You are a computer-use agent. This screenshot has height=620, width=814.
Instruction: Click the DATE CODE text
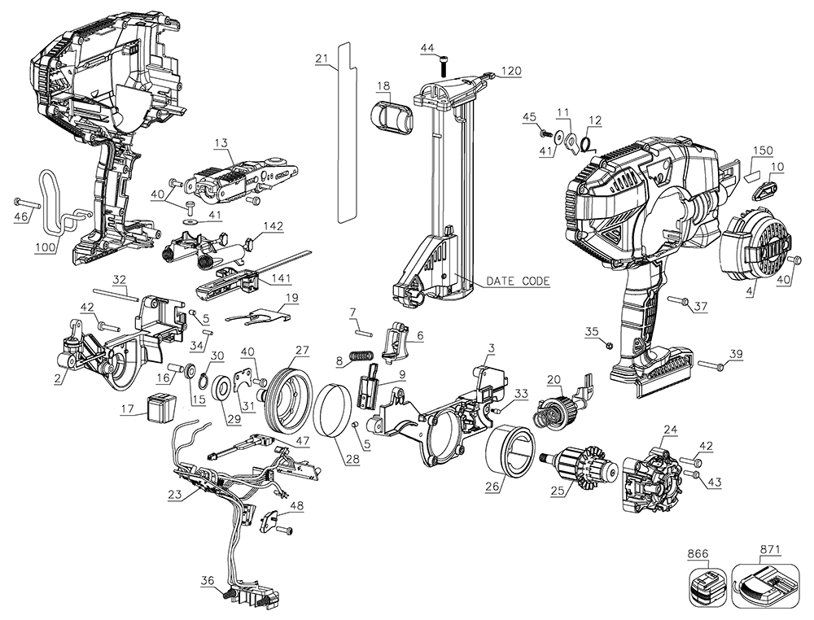[517, 282]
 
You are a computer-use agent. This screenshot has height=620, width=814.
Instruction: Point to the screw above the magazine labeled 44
[443, 64]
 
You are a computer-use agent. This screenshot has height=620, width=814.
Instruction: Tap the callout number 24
[670, 429]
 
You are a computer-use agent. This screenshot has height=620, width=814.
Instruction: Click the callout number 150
[763, 151]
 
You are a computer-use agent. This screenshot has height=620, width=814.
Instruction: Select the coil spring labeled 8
[359, 357]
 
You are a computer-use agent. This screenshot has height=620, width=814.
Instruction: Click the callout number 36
[208, 580]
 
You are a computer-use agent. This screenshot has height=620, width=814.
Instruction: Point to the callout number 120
[510, 72]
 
